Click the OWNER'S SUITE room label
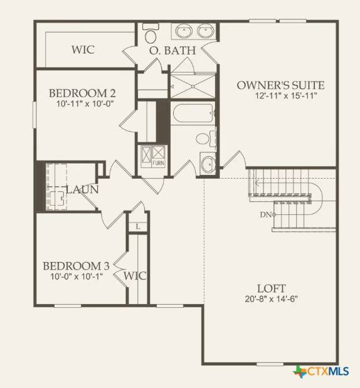pyautogui.click(x=280, y=85)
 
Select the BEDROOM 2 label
pyautogui.click(x=82, y=93)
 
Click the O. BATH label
pyautogui.click(x=172, y=50)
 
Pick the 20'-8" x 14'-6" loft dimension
pyautogui.click(x=275, y=298)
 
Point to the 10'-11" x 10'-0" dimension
pyautogui.click(x=82, y=105)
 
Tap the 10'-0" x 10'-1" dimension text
pyautogui.click(x=76, y=276)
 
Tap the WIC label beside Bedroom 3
pyautogui.click(x=134, y=275)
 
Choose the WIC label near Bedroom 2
pyautogui.click(x=83, y=49)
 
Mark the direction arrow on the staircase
pyautogui.click(x=256, y=184)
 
